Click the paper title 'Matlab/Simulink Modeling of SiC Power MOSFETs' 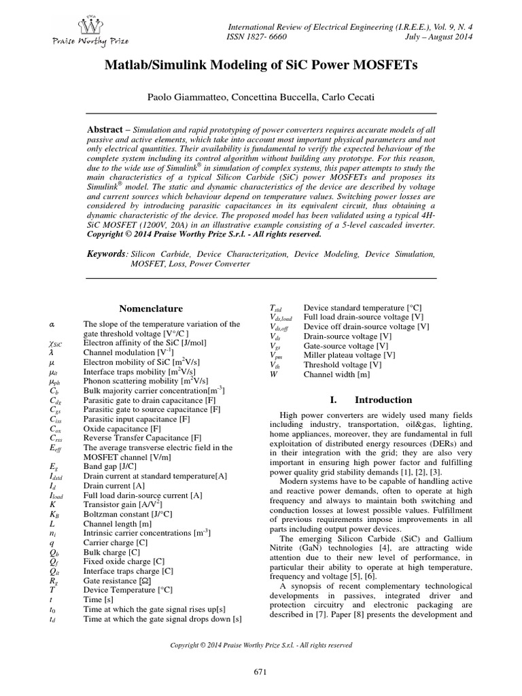click(260, 65)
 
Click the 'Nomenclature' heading click(147, 308)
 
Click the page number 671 click(261, 672)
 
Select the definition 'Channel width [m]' click(336, 374)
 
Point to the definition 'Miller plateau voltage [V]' click(349, 355)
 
